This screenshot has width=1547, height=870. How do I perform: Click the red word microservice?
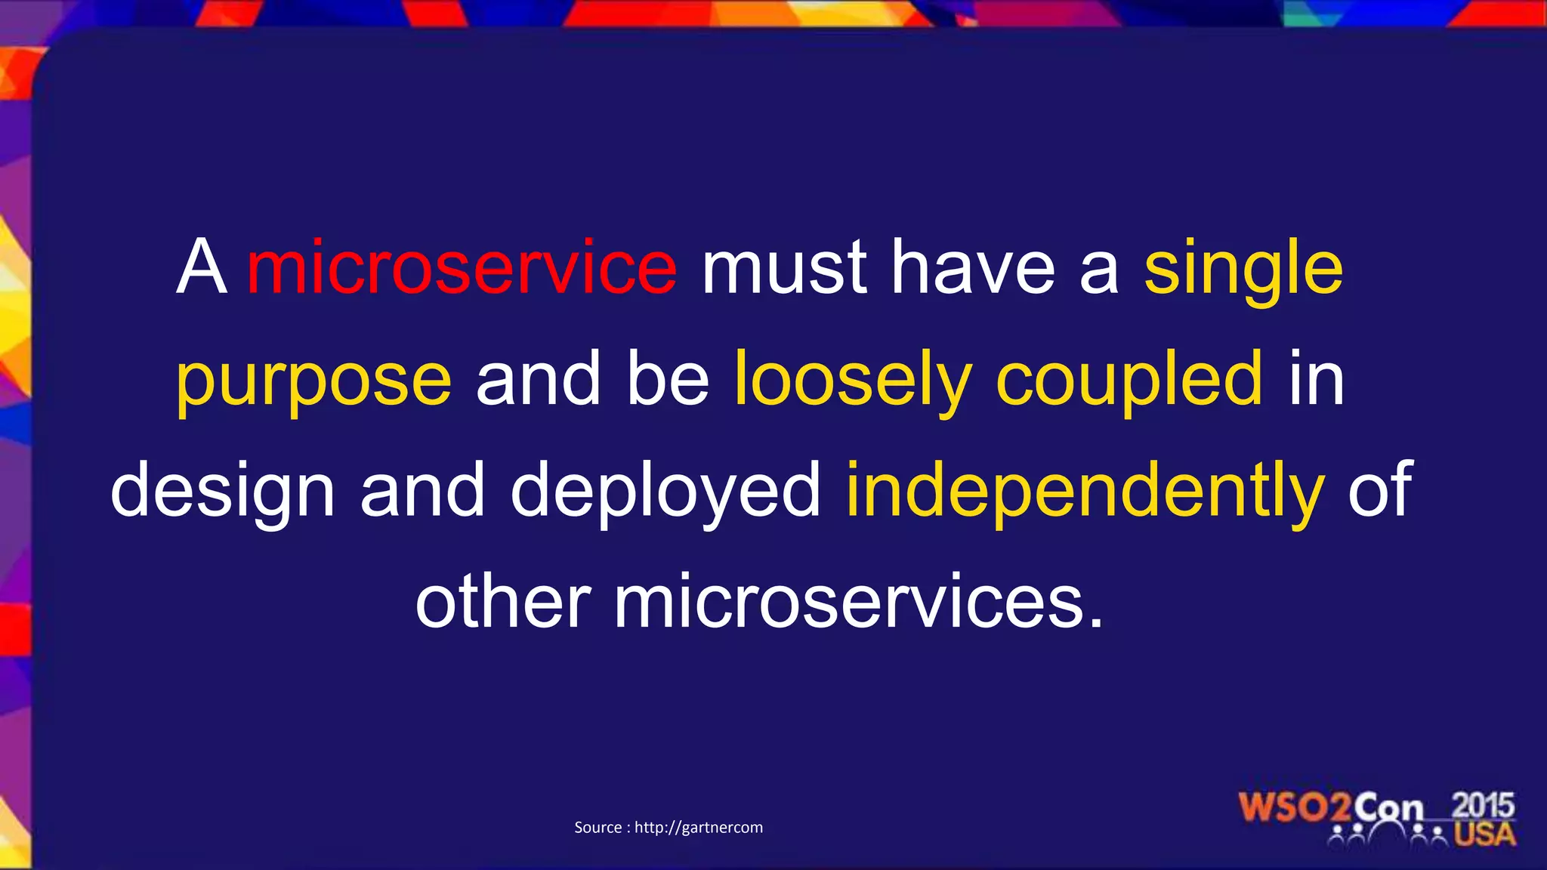point(462,268)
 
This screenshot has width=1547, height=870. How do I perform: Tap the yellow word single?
point(1243,268)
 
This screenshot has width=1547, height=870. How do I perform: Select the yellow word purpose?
point(313,380)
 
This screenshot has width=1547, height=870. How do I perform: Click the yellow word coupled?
point(1129,380)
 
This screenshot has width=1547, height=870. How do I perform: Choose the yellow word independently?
point(1085,492)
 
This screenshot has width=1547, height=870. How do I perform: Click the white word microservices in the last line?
point(858,603)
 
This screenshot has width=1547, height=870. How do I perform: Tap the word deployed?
point(665,492)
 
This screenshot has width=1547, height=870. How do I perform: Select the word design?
point(223,492)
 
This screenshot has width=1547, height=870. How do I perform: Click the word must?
point(784,268)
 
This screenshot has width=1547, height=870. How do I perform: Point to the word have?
point(973,268)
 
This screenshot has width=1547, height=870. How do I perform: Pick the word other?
point(503,603)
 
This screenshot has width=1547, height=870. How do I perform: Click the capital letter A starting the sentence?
point(202,268)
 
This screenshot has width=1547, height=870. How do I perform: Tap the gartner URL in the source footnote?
point(698,828)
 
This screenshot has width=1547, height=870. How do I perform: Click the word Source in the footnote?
point(597,828)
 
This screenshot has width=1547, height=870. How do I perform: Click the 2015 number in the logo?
point(1483,805)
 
